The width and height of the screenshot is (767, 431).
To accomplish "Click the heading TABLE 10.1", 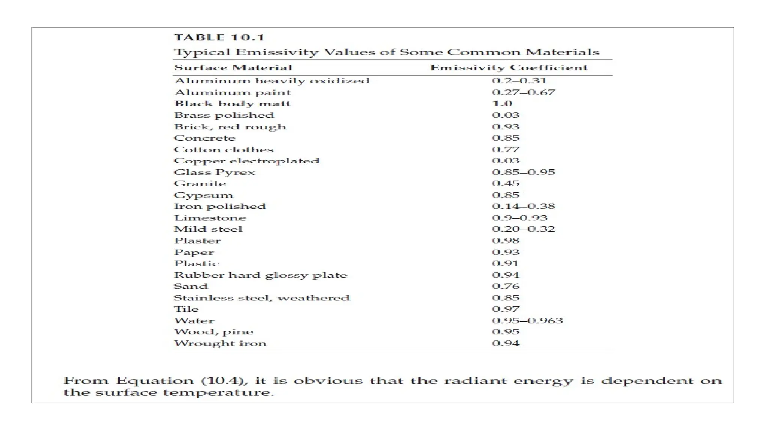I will tap(219, 38).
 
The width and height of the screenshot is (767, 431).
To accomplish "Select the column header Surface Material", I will tap(233, 68).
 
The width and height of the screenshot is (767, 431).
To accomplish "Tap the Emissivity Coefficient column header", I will tap(509, 68).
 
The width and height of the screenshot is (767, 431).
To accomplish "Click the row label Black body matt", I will tap(232, 104).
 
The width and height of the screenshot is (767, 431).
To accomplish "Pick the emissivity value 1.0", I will tap(502, 104).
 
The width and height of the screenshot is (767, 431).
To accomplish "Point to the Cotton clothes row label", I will tap(224, 150).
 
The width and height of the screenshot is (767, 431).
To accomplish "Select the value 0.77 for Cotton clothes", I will tap(506, 150).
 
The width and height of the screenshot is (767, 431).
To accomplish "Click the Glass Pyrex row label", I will tap(214, 172).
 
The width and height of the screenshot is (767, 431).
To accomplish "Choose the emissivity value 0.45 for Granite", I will tap(506, 184).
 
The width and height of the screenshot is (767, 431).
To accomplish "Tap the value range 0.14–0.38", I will tap(524, 206).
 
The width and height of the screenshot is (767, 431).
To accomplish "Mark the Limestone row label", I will tap(210, 218).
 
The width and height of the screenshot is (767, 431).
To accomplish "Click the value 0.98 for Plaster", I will tap(506, 241).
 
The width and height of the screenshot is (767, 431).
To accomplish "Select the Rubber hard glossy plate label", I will tap(260, 275).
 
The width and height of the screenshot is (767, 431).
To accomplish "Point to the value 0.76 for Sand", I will tap(506, 286).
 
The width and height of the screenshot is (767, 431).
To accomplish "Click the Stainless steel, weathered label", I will tap(261, 298).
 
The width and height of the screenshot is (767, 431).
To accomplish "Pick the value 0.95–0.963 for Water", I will tap(527, 321).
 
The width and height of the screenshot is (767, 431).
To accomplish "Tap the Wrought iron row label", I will tap(220, 343).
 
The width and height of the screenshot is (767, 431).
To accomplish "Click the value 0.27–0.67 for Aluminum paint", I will tap(524, 92).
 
